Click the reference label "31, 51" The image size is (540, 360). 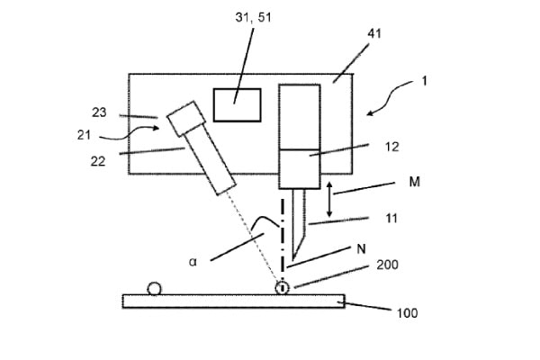253,17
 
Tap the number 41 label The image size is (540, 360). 374,34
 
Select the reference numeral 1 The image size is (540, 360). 424,81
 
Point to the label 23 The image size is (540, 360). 99,112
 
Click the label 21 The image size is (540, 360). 84,135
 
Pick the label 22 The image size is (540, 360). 98,161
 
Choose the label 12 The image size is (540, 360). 391,147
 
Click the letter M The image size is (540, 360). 415,182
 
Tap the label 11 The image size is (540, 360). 391,218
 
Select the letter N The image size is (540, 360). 361,248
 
